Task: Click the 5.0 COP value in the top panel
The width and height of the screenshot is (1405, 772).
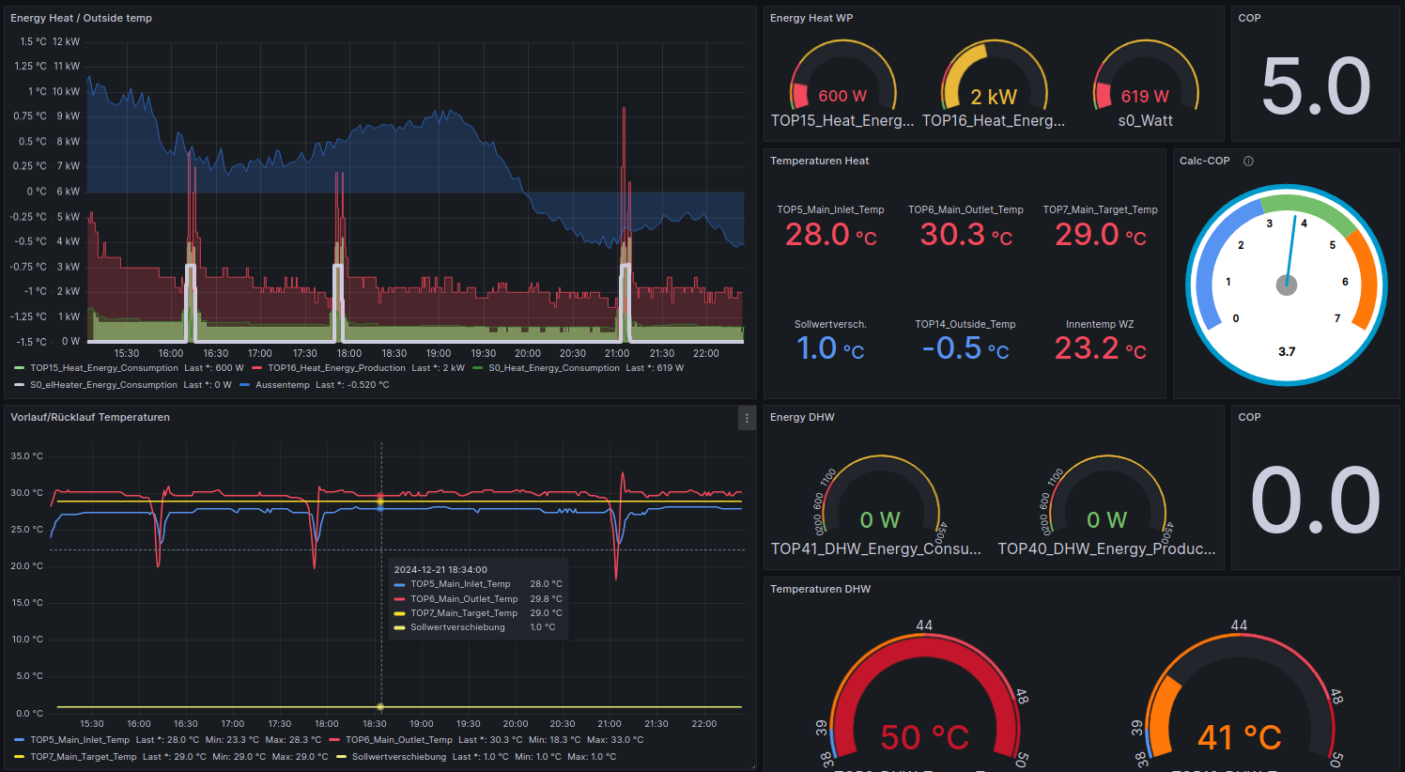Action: pos(1316,85)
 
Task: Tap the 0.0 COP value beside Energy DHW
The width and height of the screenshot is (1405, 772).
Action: pos(1315,501)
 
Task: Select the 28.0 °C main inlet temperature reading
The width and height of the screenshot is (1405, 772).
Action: pos(830,234)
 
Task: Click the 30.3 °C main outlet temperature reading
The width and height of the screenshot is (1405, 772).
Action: pos(965,234)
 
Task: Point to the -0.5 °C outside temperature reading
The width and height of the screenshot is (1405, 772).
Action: pos(965,348)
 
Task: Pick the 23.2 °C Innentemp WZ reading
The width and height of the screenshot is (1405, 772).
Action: pos(1100,348)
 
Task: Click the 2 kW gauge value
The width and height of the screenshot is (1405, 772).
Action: pos(994,97)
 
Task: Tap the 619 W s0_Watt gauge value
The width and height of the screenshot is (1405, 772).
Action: pos(1145,97)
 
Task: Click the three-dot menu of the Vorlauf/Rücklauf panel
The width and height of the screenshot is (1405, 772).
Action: pos(747,418)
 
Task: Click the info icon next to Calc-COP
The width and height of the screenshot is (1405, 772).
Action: pos(1248,162)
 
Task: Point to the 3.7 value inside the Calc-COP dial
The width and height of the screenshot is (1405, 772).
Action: pos(1287,352)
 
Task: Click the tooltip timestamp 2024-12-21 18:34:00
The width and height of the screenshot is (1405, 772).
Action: pos(440,569)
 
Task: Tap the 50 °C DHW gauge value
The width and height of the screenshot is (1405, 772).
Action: pos(924,737)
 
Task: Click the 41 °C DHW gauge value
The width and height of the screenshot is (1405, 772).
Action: pos(1240,737)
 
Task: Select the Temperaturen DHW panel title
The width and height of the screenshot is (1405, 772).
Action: pos(820,590)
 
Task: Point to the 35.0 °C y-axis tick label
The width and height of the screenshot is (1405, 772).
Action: pos(26,456)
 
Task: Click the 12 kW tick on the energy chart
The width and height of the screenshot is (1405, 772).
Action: pos(66,42)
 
